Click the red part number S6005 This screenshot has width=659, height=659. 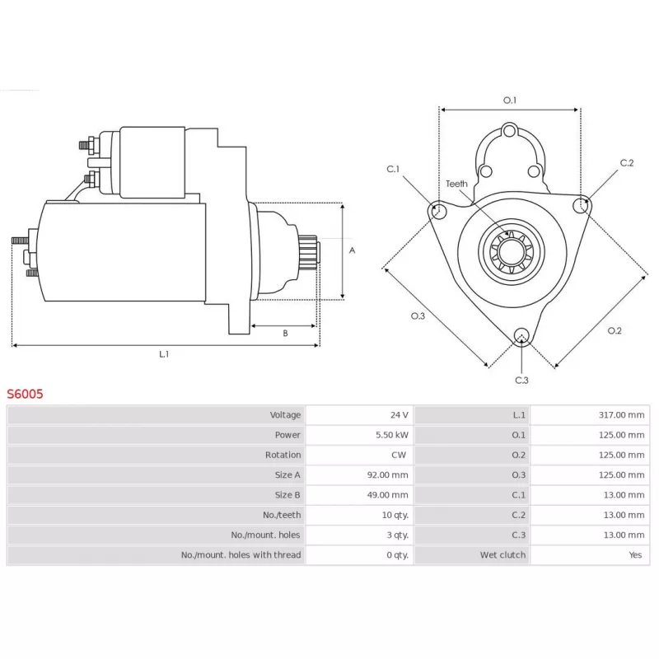(25, 394)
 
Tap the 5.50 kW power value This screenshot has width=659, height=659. (392, 435)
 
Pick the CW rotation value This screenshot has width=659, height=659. (399, 455)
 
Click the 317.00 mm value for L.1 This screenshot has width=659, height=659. (622, 415)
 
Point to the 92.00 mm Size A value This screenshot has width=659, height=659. (387, 475)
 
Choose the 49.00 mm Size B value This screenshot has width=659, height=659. (387, 495)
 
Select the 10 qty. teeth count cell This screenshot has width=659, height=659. (395, 515)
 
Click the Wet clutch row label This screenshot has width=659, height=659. (502, 554)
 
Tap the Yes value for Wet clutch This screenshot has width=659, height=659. (635, 554)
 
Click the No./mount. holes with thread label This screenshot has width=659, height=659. (241, 554)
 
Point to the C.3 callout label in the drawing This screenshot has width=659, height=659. (521, 381)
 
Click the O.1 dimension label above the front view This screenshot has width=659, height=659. (510, 100)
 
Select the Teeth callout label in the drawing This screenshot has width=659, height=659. (456, 184)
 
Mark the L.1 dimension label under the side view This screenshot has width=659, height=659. (164, 354)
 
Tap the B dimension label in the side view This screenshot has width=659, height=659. (285, 334)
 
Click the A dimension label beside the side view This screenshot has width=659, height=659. (353, 250)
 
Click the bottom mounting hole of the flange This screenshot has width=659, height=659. (521, 335)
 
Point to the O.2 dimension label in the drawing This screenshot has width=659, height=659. (615, 331)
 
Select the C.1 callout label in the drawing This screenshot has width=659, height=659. (393, 169)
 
